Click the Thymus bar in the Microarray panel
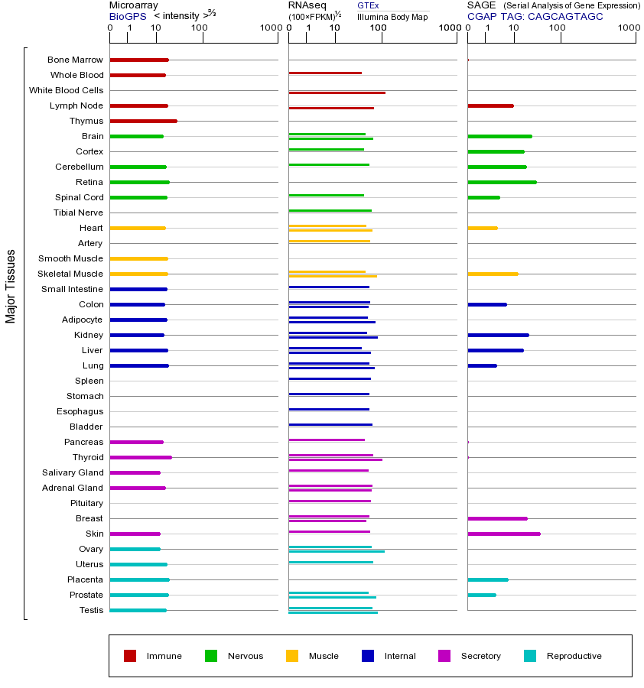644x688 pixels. (x=143, y=121)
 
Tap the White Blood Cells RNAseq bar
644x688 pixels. (x=337, y=92)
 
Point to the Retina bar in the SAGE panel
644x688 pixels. (x=502, y=182)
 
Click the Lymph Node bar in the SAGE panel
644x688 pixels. (x=490, y=105)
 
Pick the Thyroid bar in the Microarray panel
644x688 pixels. (x=141, y=457)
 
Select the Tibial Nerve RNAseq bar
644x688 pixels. (x=330, y=210)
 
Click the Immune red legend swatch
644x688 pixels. (x=130, y=656)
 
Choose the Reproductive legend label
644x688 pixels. (x=574, y=656)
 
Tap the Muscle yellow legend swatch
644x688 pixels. (x=292, y=656)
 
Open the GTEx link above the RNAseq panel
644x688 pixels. (x=368, y=5)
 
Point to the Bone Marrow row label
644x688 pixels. (x=75, y=60)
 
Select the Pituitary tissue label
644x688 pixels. (x=86, y=503)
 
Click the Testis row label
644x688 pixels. (x=91, y=610)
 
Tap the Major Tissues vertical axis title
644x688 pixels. (x=11, y=286)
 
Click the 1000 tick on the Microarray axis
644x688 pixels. (x=269, y=28)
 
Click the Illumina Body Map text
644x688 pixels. (x=392, y=16)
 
